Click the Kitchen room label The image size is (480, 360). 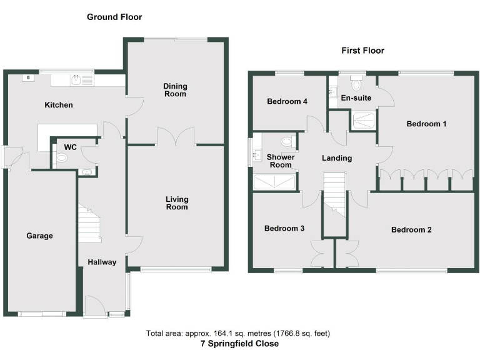pos(58,105)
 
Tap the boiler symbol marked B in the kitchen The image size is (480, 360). pos(27,78)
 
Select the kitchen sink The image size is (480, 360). pos(76,79)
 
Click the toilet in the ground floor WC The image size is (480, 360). pos(61,158)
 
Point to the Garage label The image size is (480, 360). pos(39,236)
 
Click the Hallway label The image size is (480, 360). pos(101,262)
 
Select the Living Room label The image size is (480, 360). pos(177,203)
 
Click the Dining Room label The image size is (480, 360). pos(175,90)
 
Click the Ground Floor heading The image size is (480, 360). pos(114,17)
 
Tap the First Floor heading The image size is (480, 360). pos(362,51)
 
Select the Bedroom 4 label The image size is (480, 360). pos(286,101)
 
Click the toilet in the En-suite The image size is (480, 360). pos(357,84)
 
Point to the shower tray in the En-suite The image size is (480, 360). pos(362,121)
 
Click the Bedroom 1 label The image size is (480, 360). pos(426,124)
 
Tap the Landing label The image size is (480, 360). pos(336,158)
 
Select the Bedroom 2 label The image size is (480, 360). pos(411,230)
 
